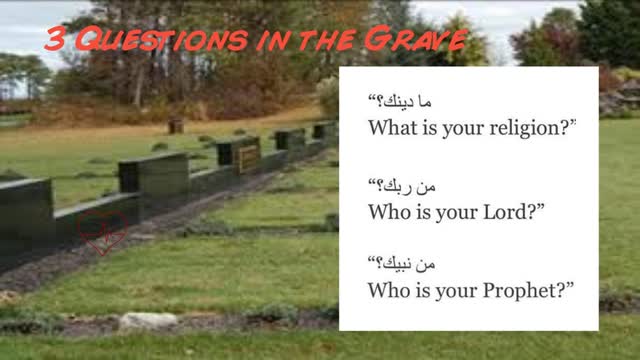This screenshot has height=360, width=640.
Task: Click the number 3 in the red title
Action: pos(56,41)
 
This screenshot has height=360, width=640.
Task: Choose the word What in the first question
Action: pos(394,127)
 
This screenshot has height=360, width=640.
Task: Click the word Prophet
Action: pos(530,291)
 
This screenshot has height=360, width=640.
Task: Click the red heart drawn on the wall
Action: pos(104,231)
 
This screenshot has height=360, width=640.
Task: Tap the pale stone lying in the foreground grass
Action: pos(147,321)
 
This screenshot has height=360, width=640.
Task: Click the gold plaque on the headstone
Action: pos(248,156)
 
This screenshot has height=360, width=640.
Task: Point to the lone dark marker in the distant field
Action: pos(176,126)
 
